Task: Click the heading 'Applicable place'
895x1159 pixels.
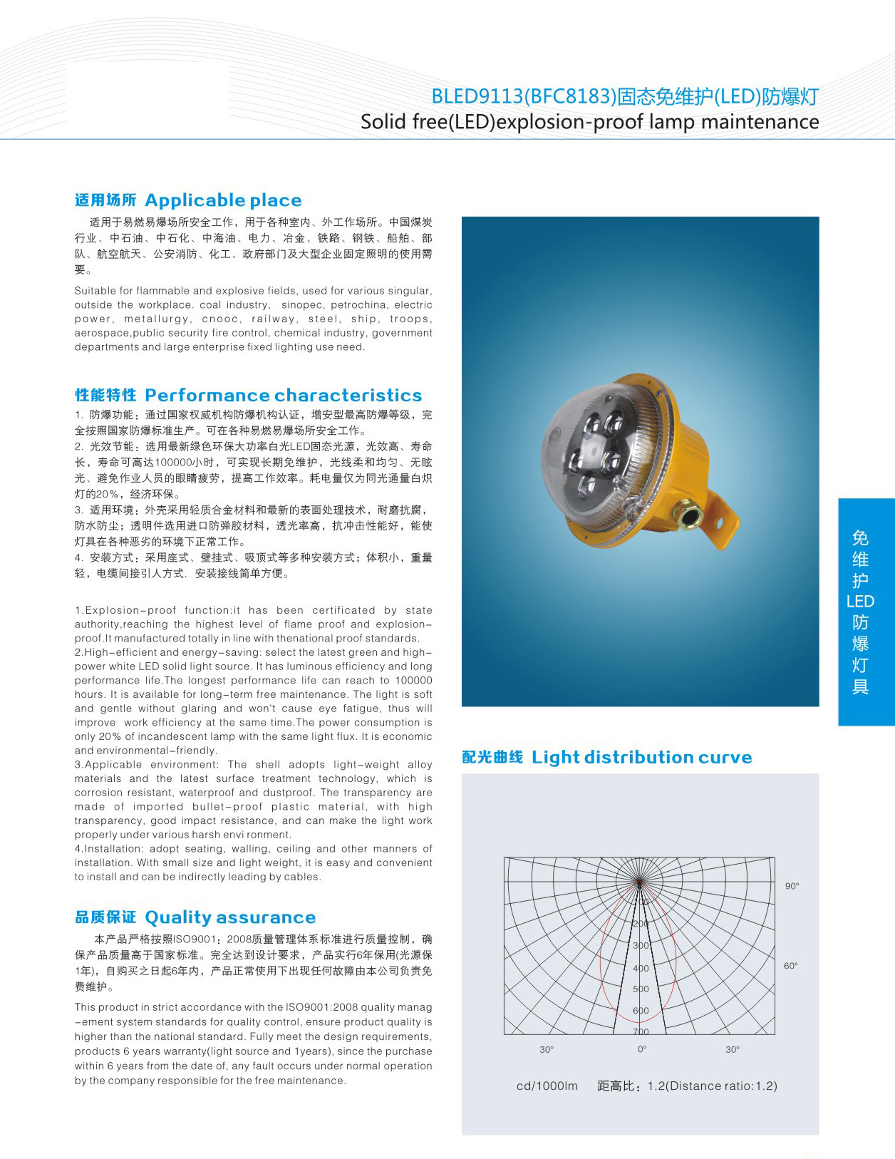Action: (x=223, y=200)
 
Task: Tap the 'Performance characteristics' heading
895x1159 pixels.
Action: (x=283, y=396)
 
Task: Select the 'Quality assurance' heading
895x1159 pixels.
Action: (x=229, y=917)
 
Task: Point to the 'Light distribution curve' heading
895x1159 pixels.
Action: (x=641, y=757)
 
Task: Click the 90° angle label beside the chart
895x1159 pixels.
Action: (x=792, y=886)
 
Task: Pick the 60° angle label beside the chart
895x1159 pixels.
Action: (x=790, y=966)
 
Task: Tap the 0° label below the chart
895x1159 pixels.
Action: (x=642, y=1049)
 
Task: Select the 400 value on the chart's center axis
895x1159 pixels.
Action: (x=641, y=968)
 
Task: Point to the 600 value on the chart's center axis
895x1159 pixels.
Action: (x=641, y=1011)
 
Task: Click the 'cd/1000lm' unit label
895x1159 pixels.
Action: (x=547, y=1086)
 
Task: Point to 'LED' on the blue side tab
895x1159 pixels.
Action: (x=860, y=602)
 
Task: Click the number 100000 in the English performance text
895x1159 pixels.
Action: (x=413, y=681)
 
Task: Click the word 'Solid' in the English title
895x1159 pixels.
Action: (x=383, y=122)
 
